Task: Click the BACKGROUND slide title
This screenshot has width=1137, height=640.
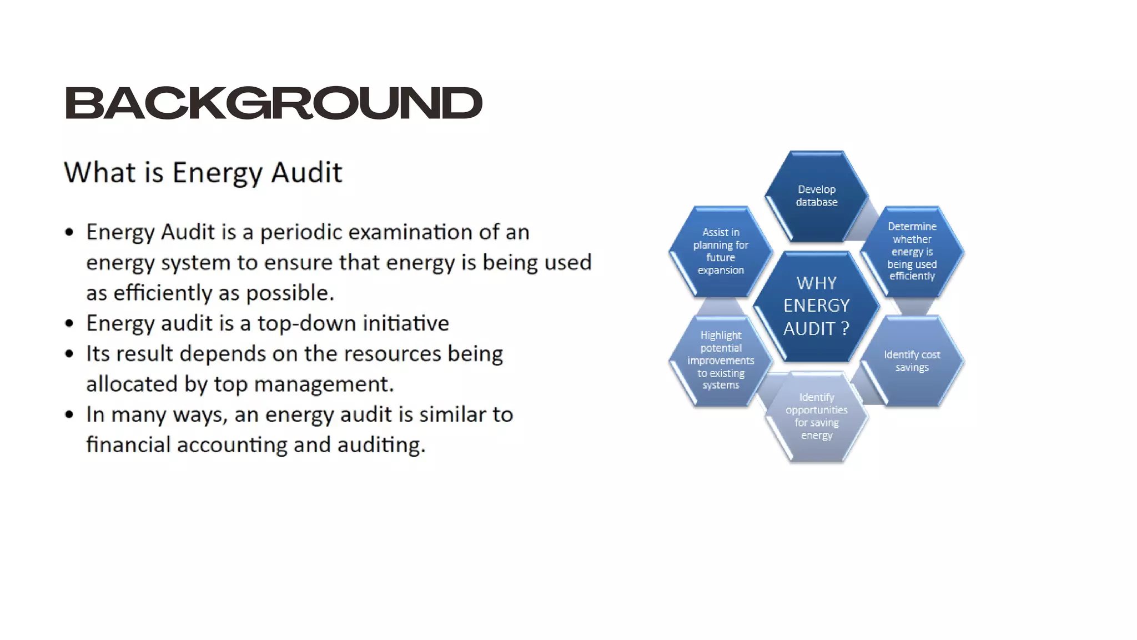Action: [x=273, y=103]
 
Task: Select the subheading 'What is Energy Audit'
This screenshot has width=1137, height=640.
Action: [x=203, y=172]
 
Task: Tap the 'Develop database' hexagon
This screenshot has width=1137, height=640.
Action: [x=816, y=196]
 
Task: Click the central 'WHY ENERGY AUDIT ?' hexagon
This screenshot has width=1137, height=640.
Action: [x=816, y=306]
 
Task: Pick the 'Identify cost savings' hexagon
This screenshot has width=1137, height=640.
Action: [x=912, y=361]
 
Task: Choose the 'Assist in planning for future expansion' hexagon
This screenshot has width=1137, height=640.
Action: [x=721, y=251]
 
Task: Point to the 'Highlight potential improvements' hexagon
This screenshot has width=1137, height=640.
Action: [x=721, y=360]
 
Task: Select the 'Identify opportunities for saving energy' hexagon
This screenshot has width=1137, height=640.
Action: [x=816, y=416]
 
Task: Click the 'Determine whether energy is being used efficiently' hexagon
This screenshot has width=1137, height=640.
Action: [x=912, y=251]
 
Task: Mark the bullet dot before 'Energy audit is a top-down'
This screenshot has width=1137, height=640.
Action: [x=69, y=323]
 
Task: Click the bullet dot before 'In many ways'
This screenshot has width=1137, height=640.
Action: [x=69, y=414]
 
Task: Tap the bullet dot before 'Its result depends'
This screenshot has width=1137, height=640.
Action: [x=69, y=354]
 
